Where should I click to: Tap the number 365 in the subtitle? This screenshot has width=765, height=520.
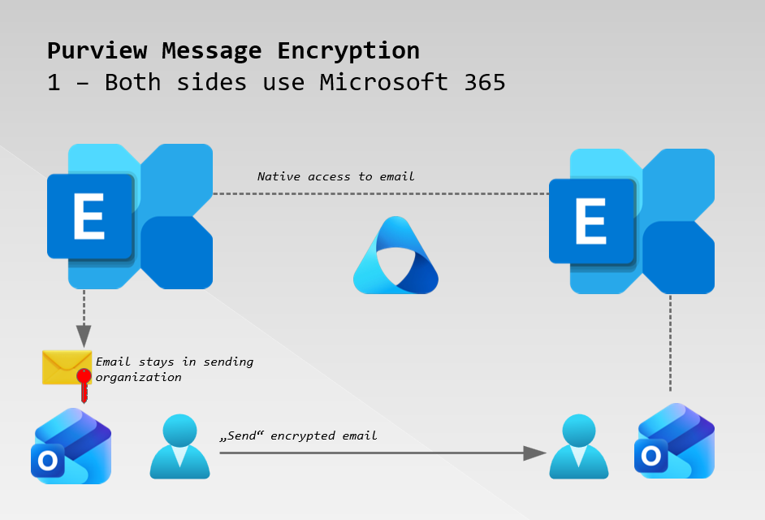point(484,82)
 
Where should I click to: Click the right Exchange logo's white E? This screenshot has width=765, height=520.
point(590,221)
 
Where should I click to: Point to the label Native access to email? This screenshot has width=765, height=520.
point(335,176)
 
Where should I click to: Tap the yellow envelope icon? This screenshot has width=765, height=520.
point(66,367)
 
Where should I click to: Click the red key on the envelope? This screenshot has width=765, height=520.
point(84,383)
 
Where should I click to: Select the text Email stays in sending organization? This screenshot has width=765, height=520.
point(174,369)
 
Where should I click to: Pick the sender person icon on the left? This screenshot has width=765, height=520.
point(179,446)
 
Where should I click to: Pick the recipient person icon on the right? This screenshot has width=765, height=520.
point(578,447)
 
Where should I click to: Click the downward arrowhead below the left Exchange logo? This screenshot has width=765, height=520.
point(84,336)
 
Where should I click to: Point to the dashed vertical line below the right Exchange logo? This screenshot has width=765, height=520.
point(670,341)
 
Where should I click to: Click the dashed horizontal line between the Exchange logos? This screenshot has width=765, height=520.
point(382,193)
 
